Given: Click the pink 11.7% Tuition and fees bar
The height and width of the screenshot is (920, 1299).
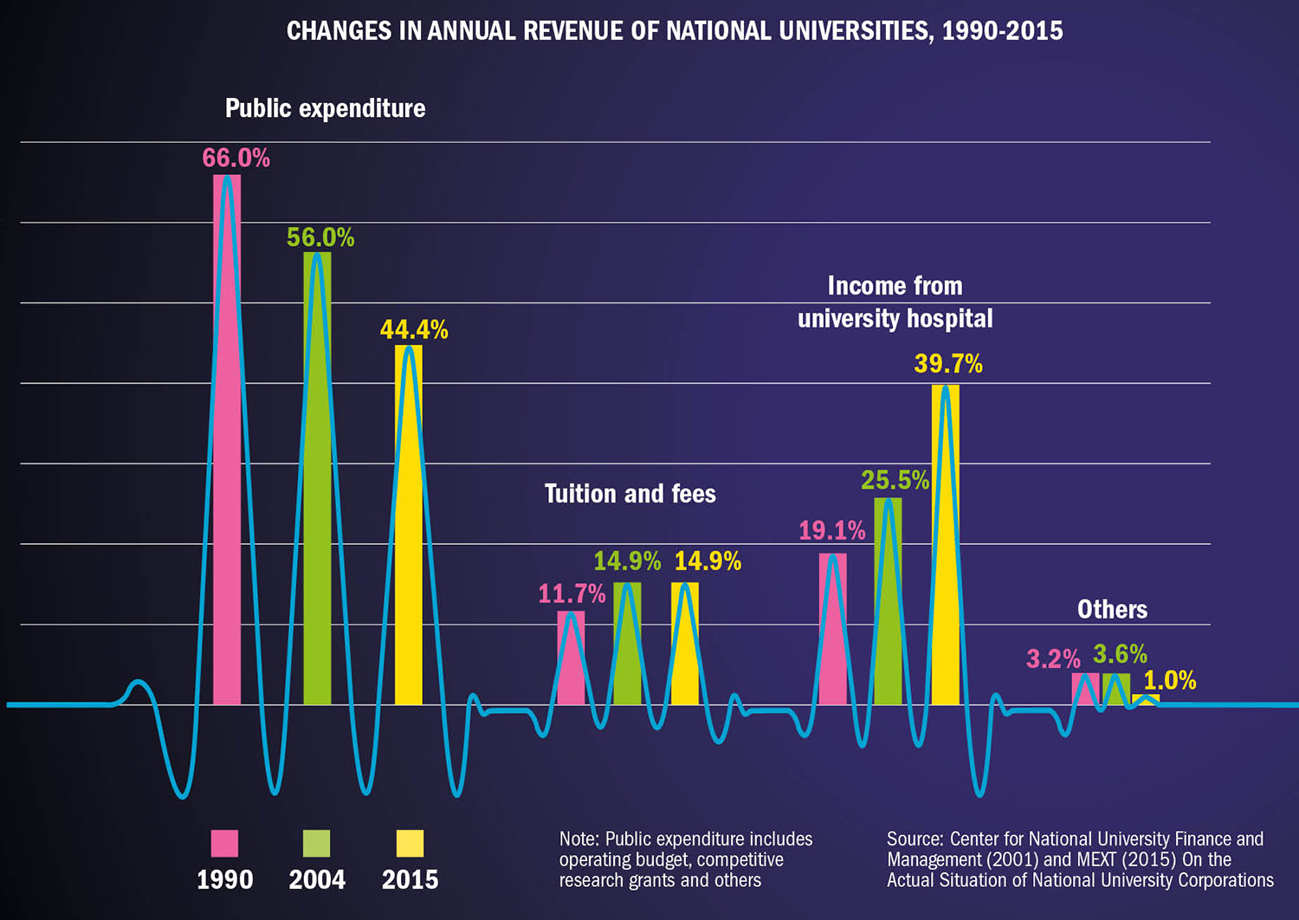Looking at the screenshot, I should pyautogui.click(x=571, y=658).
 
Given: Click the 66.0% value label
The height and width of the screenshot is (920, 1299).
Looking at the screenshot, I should pyautogui.click(x=236, y=158).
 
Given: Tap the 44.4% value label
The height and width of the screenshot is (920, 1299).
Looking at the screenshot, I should pyautogui.click(x=414, y=329).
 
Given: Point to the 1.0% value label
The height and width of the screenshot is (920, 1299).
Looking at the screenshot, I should pyautogui.click(x=1170, y=680).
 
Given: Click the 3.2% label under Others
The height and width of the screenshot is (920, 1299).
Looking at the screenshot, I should pyautogui.click(x=1053, y=659).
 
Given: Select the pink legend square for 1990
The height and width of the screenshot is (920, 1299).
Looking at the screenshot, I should pyautogui.click(x=224, y=843).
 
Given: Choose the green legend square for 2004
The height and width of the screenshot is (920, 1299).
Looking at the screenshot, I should pyautogui.click(x=316, y=843).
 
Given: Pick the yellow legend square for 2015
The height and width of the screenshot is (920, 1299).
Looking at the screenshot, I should pyautogui.click(x=410, y=843).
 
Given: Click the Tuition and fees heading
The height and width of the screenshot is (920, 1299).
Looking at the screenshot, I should pyautogui.click(x=630, y=494).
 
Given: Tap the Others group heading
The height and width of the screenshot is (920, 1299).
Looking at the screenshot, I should pyautogui.click(x=1112, y=609).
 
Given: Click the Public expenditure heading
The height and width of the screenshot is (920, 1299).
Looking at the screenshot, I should pyautogui.click(x=325, y=108).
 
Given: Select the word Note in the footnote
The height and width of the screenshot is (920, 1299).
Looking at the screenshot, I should pyautogui.click(x=578, y=839).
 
